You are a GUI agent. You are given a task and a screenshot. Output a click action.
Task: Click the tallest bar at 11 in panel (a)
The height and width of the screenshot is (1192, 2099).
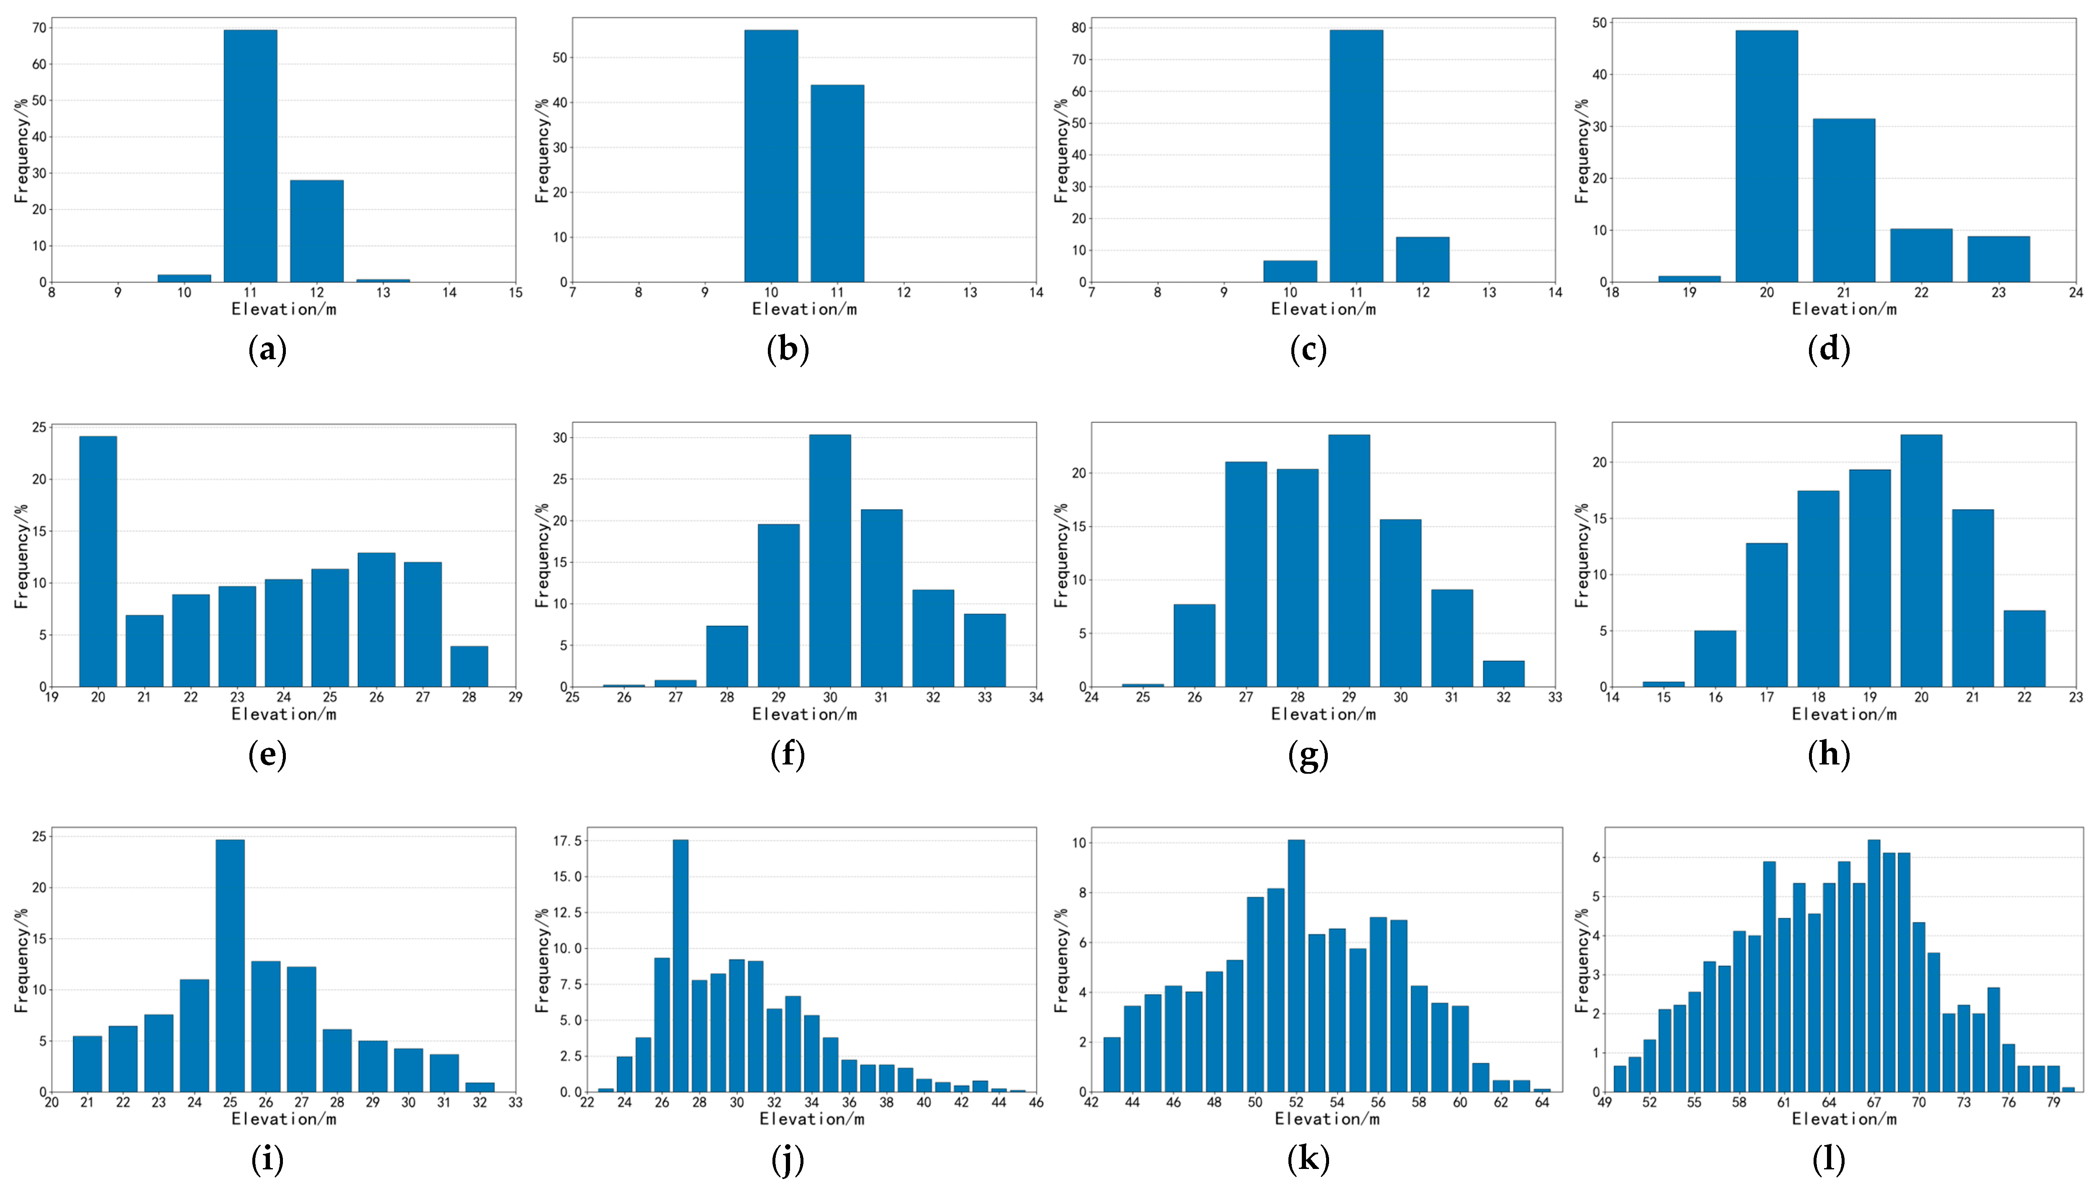251,156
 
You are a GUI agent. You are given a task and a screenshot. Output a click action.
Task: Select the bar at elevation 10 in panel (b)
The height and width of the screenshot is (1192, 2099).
771,156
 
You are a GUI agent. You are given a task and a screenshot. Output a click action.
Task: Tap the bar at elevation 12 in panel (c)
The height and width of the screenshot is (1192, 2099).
1423,259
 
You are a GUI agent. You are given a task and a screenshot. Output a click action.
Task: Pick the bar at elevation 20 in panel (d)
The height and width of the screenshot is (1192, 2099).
1767,156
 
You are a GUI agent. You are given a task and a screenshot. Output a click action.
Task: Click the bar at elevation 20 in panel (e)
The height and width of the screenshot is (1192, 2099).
98,562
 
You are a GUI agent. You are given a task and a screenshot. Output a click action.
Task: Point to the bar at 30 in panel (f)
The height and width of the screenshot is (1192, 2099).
830,561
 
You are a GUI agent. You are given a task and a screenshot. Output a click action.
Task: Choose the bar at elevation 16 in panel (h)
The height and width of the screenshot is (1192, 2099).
1715,659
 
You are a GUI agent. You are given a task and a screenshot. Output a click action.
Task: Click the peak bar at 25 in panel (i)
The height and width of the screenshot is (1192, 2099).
230,966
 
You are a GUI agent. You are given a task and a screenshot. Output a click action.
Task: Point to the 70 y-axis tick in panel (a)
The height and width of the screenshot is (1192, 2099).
39,28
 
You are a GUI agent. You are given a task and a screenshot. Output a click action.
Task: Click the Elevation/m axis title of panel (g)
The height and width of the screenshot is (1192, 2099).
1324,714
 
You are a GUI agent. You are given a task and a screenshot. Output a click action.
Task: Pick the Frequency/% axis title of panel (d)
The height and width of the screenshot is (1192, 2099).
1582,151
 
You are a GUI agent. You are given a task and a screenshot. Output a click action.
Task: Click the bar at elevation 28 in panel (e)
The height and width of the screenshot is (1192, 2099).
469,666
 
